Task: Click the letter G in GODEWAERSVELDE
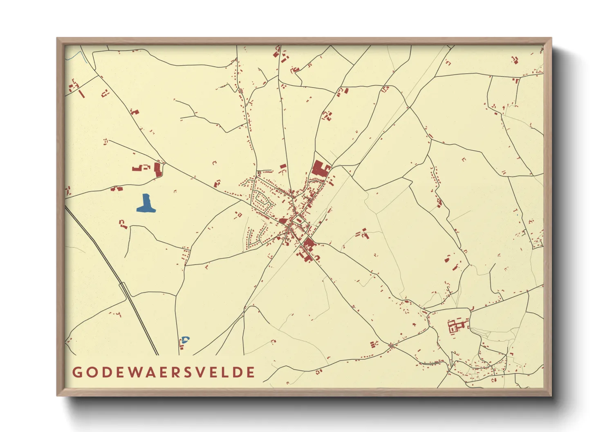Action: tap(77, 372)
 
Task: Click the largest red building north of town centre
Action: tap(320, 168)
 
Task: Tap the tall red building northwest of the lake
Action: tap(157, 169)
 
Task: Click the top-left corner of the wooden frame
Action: tap(58, 39)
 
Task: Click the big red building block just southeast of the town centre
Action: tap(309, 245)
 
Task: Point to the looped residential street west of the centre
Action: tap(262, 200)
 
